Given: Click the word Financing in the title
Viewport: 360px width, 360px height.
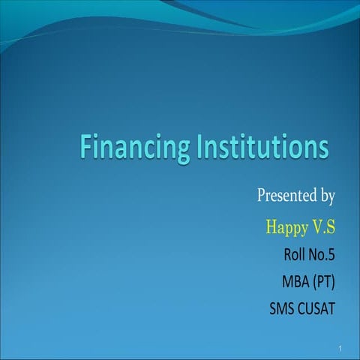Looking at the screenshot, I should (135, 147).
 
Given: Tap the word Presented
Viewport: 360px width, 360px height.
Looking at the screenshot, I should (283, 196).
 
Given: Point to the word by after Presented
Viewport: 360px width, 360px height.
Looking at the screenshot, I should (325, 197).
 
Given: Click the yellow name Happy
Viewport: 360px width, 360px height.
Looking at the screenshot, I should (286, 226).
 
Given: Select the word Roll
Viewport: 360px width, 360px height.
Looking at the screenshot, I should (295, 254).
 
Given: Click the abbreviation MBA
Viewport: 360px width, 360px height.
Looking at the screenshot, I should (294, 281).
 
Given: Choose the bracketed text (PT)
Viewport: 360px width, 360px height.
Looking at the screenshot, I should (323, 281).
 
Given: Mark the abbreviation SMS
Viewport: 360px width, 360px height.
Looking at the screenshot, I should (281, 307).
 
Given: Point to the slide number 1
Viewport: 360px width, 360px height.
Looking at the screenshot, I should (340, 349).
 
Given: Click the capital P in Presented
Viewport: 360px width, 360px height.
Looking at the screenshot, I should (262, 196).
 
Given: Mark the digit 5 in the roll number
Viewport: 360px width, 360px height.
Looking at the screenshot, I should (331, 254).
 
